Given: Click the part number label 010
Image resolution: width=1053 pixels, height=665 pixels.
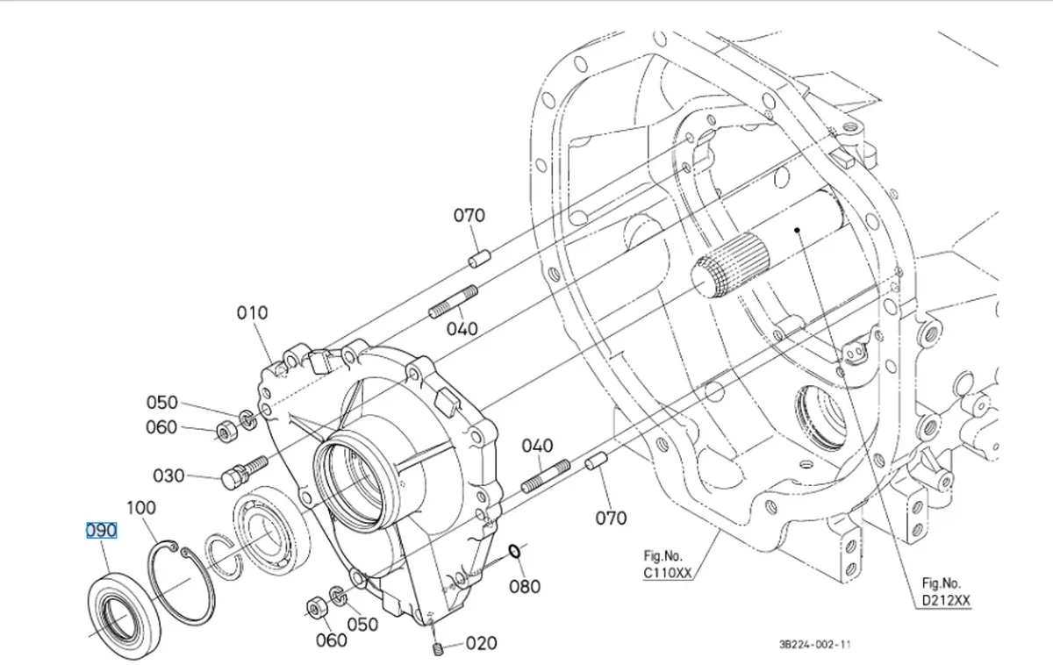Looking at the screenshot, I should tap(252, 313).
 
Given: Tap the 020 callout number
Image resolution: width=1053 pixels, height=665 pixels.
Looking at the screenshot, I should tap(481, 643).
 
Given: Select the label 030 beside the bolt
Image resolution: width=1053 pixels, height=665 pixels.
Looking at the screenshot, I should tap(168, 476).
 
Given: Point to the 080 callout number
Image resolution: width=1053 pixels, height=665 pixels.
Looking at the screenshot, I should tap(525, 586).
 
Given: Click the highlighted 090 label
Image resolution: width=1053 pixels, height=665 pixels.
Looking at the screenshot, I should tap(101, 531).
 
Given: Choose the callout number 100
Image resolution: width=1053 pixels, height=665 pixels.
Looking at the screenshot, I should tap(141, 508).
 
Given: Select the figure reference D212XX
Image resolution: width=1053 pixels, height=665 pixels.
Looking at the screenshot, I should tap(947, 600).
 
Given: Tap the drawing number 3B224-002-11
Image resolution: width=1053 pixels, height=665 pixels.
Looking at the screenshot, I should tap(815, 645).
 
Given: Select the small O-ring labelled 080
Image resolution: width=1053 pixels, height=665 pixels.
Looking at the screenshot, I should tap(516, 551).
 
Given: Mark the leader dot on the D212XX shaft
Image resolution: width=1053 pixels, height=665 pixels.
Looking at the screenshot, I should tap(797, 231).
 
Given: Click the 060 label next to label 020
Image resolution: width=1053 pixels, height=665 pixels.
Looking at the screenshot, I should tap(331, 640).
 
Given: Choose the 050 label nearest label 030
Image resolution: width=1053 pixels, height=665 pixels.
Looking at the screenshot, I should tap(161, 403).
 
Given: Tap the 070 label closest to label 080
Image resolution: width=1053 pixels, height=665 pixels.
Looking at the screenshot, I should tap(611, 518).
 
